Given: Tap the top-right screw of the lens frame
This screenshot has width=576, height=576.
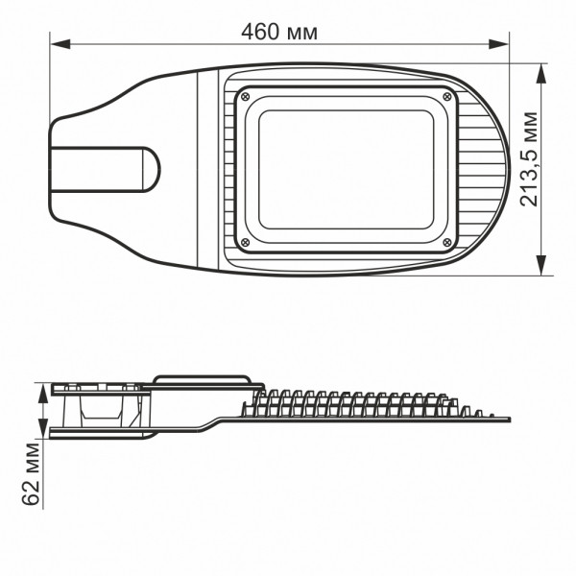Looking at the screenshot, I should [450, 96].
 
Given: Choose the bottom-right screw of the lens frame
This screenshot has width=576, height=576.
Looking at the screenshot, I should [450, 241].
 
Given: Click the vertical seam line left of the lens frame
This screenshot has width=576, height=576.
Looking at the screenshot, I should [200, 168].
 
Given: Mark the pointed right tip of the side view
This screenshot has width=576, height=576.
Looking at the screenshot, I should [509, 420].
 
